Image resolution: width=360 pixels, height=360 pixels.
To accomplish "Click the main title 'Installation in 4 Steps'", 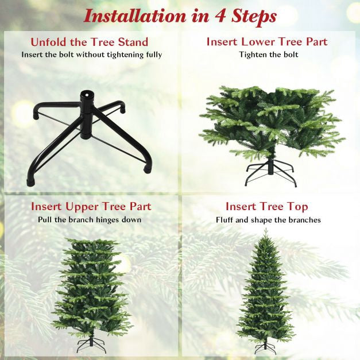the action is point(180,17).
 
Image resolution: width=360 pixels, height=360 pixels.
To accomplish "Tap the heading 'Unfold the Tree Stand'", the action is point(90,42).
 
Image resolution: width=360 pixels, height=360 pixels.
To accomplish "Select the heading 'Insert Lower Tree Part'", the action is point(267,42).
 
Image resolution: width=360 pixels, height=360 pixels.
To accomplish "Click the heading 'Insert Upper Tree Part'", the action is point(91,207).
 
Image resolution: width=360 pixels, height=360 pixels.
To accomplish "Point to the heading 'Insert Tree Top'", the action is point(267,206).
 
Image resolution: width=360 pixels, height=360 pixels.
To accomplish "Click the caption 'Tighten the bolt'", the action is point(269,55).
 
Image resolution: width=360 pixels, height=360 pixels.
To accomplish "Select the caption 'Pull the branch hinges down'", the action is point(90,220).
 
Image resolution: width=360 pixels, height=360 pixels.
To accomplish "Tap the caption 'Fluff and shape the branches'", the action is point(268,220).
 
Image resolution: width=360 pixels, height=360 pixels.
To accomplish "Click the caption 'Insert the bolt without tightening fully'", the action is point(92,55).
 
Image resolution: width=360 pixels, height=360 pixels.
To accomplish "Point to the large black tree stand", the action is point(90,138).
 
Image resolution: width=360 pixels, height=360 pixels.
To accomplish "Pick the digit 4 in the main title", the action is point(220,17).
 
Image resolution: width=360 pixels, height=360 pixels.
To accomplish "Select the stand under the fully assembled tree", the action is point(266,347).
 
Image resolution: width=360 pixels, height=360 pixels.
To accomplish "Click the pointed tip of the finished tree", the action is point(266,229).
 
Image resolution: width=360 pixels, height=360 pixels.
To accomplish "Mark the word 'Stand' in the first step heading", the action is point(133,42).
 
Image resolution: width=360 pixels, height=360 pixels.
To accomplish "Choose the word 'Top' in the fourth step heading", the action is point(297,207).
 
